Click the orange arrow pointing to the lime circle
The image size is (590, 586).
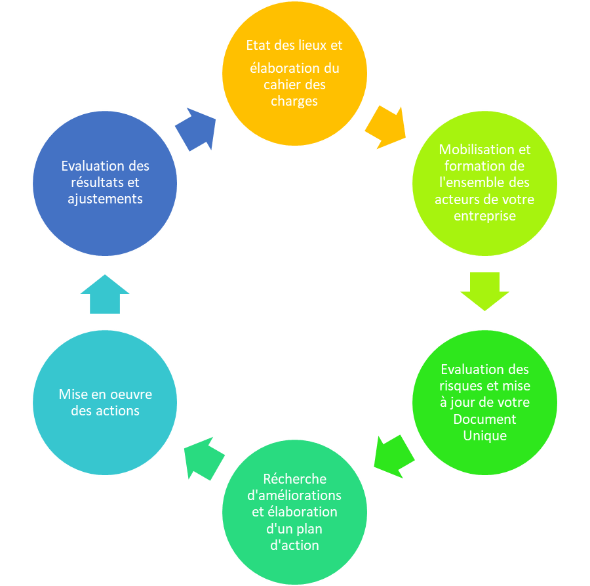point(385,127)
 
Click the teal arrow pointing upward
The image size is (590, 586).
point(105,294)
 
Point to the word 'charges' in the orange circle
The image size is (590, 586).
point(294,101)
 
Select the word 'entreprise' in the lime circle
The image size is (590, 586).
point(484,216)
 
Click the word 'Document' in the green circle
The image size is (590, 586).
point(484,419)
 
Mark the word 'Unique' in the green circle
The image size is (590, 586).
point(484,436)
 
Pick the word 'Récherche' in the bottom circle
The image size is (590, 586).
point(294,478)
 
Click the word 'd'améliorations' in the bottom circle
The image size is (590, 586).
point(294,495)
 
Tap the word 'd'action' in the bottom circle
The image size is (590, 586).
point(294,545)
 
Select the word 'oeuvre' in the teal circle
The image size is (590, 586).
point(131,394)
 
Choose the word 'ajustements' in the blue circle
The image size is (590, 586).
point(105,199)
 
